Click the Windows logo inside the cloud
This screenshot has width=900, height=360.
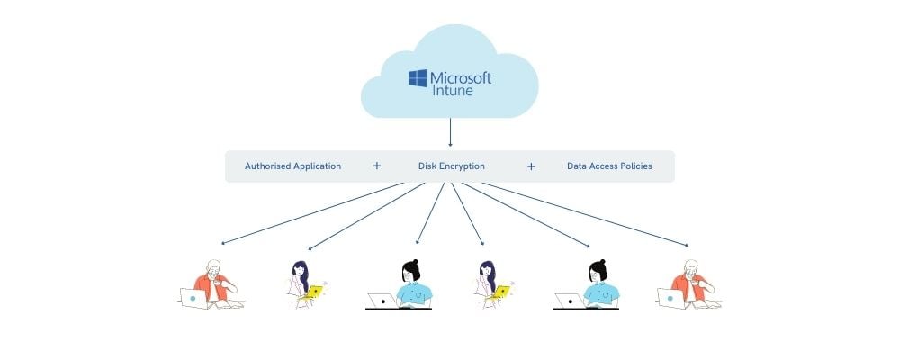(x=418, y=79)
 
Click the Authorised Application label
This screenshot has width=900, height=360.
(x=292, y=166)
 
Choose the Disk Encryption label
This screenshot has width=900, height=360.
(x=451, y=166)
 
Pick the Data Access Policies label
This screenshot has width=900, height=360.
(x=609, y=166)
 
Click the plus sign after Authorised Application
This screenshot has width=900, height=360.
(x=376, y=166)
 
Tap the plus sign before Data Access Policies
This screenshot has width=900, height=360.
(x=531, y=166)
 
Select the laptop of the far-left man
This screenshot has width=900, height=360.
(x=193, y=298)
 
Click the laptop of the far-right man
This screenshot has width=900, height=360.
(x=670, y=298)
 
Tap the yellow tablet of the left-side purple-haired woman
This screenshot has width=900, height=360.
(x=314, y=291)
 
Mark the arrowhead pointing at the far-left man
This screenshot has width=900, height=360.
(x=223, y=243)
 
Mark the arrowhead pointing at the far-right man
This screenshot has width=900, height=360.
(x=687, y=245)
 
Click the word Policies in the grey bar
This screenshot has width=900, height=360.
(x=635, y=166)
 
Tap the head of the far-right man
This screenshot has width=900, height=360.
(x=691, y=269)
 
